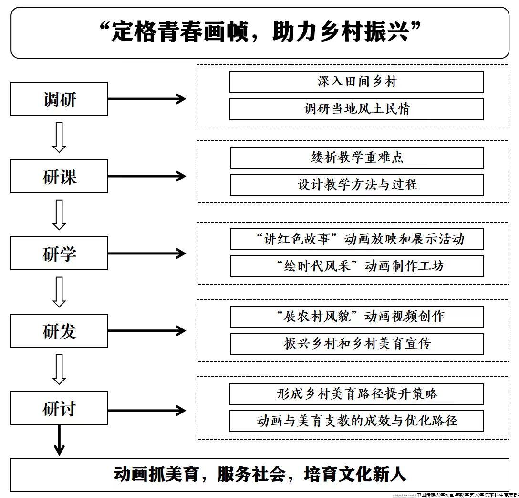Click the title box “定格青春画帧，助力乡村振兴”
coord(259,32)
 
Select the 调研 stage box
coord(59,99)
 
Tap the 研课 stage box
coord(59,176)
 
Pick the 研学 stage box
coord(59,254)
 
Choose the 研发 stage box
coord(59,330)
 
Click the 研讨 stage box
coord(59,408)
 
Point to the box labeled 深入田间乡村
coord(356,82)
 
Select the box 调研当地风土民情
coord(356,109)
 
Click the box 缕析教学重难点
coord(356,158)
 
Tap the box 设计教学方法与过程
coord(356,185)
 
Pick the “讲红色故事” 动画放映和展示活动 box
coord(356,239)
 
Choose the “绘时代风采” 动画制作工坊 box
coord(356,266)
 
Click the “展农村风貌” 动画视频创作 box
coord(356,317)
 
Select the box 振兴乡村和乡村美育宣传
coord(356,344)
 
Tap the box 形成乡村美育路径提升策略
coord(356,394)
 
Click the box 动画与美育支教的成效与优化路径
coord(356,421)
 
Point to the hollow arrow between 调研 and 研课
coord(59,138)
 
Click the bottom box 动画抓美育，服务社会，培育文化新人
coord(259,475)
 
